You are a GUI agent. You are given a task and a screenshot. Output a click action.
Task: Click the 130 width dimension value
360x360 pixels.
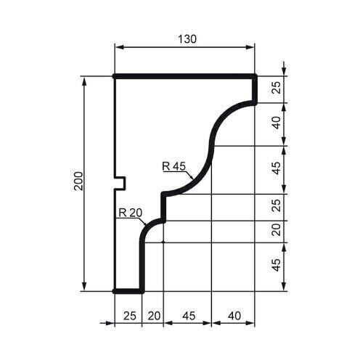click(187, 38)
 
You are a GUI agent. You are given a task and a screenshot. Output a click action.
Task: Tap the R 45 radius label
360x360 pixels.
click(174, 166)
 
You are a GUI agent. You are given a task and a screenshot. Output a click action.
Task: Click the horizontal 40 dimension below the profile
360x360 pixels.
click(233, 316)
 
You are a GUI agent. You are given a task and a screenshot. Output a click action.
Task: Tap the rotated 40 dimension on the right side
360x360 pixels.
click(276, 124)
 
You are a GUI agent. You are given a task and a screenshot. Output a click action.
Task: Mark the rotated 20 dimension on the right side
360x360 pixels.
click(276, 231)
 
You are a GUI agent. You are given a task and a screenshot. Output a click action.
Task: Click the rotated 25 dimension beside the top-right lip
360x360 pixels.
click(276, 89)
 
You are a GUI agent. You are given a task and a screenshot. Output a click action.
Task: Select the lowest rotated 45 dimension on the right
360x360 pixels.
click(276, 266)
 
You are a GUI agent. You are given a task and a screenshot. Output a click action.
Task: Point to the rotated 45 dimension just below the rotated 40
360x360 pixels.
click(276, 169)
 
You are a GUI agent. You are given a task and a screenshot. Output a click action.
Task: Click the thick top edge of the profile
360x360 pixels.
click(185, 76)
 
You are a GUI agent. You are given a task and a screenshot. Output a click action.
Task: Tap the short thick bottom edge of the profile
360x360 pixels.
click(128, 290)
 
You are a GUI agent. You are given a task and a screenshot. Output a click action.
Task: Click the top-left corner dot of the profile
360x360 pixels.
click(115, 76)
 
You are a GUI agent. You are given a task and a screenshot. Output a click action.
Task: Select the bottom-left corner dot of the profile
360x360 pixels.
click(115, 290)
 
